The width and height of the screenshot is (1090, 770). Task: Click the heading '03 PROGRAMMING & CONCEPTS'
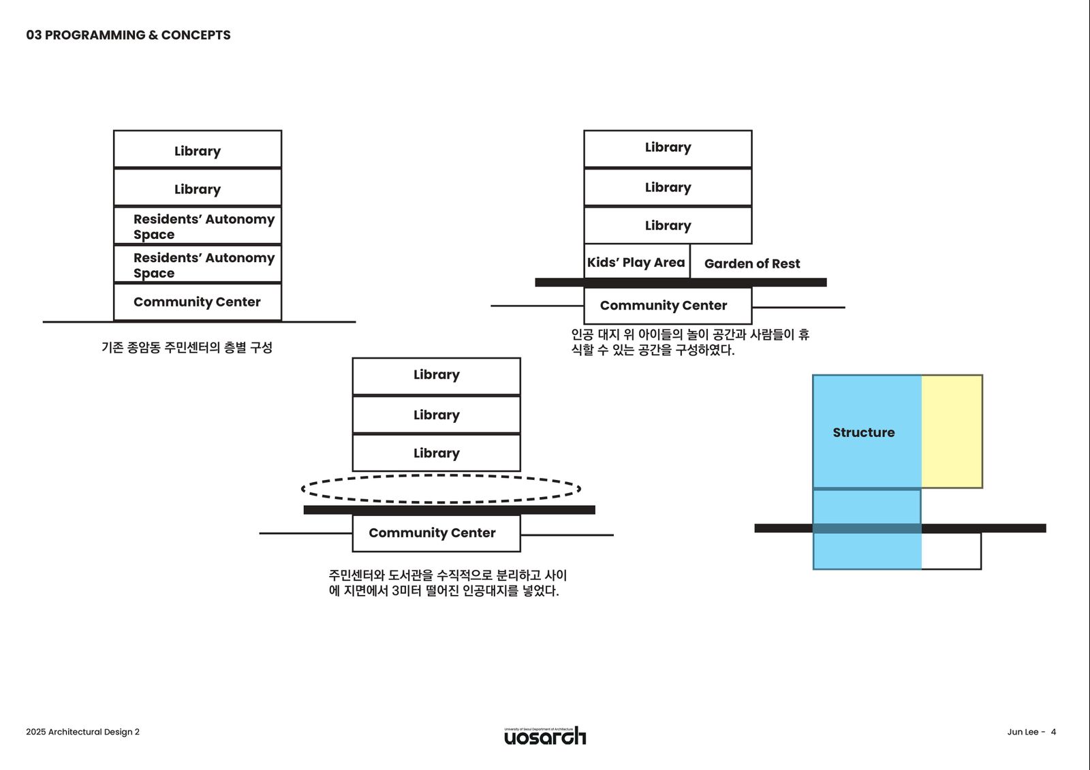click(x=128, y=35)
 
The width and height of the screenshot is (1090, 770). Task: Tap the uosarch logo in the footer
click(x=544, y=736)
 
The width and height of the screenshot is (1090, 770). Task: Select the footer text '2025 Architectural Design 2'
click(x=82, y=732)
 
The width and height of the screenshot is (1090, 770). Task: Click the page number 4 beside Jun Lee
click(x=1053, y=732)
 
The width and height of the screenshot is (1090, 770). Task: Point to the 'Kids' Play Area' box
click(x=636, y=262)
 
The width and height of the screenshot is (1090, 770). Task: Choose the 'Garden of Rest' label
click(x=751, y=263)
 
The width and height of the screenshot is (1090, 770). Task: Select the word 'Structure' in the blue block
click(x=863, y=432)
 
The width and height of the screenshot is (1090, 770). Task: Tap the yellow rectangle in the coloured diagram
click(x=952, y=431)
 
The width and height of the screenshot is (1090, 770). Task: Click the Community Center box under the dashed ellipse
click(x=436, y=533)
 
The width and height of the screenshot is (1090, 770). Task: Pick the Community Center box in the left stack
click(x=197, y=302)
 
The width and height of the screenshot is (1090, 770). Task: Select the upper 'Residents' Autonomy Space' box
click(x=197, y=226)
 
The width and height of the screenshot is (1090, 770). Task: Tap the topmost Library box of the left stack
click(x=197, y=150)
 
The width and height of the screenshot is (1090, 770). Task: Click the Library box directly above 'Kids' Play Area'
click(x=668, y=225)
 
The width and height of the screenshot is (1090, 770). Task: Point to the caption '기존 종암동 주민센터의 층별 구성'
click(x=187, y=347)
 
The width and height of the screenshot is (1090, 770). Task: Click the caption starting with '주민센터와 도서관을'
click(x=447, y=583)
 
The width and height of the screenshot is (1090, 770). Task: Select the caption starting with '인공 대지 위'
click(x=689, y=342)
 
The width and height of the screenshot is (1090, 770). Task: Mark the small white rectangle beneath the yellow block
click(x=951, y=551)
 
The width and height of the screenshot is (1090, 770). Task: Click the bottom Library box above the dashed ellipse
click(x=436, y=453)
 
